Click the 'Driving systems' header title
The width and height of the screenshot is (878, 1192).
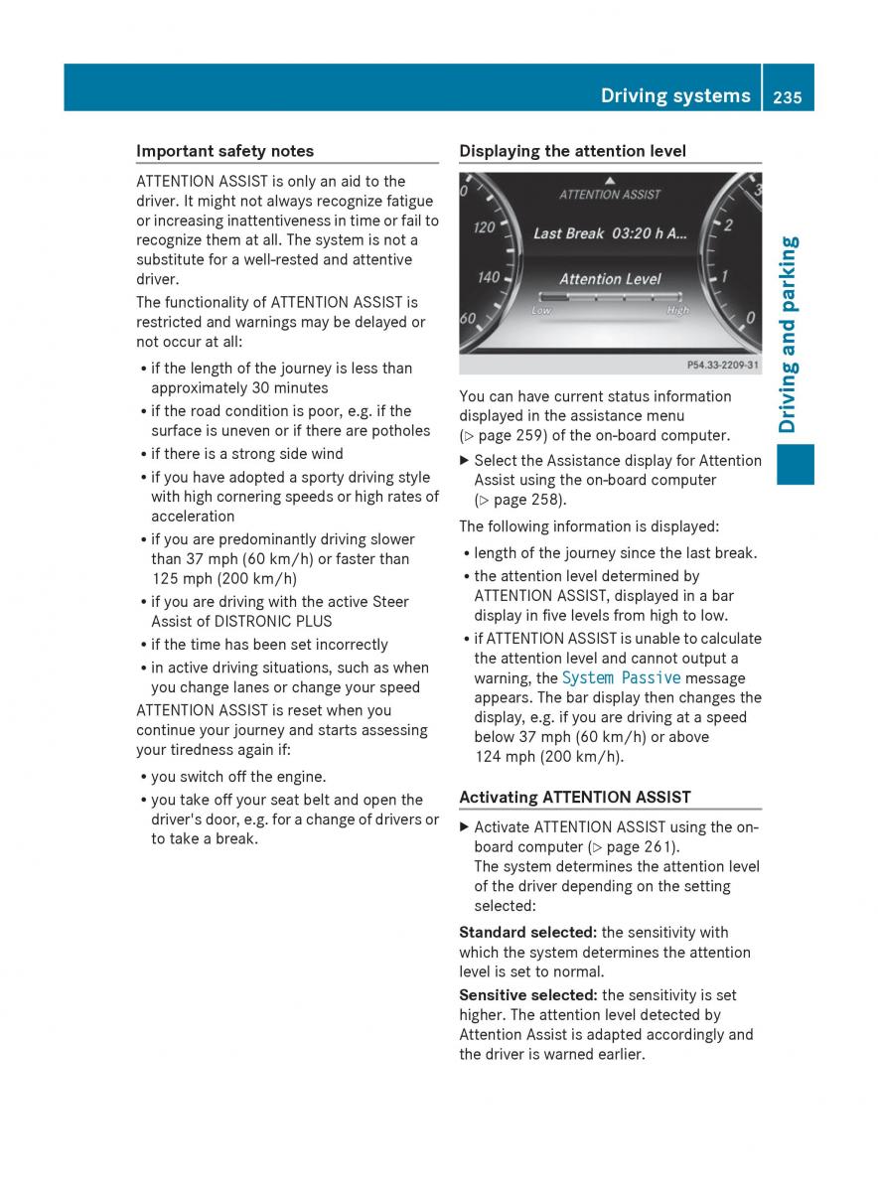675,95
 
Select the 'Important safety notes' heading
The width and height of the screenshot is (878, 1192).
224,151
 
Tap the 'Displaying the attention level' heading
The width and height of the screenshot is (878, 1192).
572,151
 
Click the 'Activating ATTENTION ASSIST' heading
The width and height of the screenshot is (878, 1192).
575,797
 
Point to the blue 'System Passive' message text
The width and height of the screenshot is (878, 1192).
621,677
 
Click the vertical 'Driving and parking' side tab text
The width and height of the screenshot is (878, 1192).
790,334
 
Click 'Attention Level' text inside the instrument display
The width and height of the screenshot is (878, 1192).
610,279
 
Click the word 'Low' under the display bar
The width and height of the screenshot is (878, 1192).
541,311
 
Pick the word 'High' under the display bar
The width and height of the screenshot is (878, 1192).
677,311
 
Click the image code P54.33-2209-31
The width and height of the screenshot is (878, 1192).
722,366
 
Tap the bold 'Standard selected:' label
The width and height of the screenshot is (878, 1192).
527,932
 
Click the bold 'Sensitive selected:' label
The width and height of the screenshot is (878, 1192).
527,995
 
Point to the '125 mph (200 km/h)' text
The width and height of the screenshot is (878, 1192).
223,578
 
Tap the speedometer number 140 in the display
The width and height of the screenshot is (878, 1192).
488,277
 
